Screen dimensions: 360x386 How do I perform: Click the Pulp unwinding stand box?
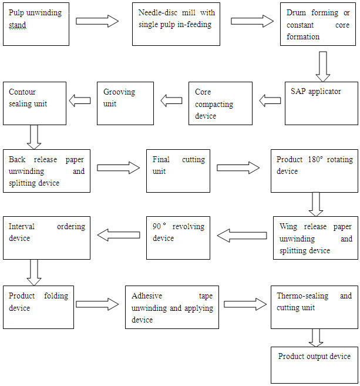point(36,24)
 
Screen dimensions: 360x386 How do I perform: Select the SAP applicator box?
point(321,103)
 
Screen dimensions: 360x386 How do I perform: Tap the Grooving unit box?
point(125,103)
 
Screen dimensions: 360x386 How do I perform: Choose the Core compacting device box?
point(220,103)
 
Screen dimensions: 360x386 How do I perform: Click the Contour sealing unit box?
point(35,103)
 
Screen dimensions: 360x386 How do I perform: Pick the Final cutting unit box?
point(178,171)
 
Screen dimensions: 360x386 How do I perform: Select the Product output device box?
point(314,365)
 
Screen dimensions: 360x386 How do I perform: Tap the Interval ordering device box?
point(47,238)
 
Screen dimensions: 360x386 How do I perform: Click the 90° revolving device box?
point(178,238)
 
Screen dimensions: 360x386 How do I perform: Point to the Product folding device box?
point(38,307)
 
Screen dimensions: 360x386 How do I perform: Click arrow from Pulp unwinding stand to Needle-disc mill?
point(97,21)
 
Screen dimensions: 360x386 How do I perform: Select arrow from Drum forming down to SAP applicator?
point(323,66)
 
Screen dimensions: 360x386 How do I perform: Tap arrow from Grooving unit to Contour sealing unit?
point(80,100)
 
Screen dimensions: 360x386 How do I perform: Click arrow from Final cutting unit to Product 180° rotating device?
point(238,168)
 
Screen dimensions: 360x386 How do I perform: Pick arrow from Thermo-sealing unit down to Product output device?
point(316,338)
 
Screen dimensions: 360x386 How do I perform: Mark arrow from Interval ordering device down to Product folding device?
point(34,273)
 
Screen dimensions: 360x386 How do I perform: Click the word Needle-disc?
point(158,12)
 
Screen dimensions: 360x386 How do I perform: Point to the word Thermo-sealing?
point(302,296)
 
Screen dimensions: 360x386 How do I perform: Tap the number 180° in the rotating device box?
point(315,159)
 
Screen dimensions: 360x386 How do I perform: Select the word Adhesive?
point(147,296)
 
